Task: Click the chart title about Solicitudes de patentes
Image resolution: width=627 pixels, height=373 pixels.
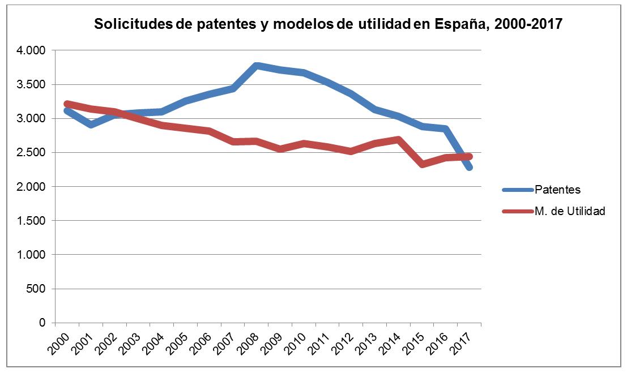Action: pyautogui.click(x=328, y=24)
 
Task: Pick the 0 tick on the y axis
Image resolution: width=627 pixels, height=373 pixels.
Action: pyautogui.click(x=42, y=323)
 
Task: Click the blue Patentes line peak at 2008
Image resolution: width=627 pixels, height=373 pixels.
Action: pyautogui.click(x=257, y=66)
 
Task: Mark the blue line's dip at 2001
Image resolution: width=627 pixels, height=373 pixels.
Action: pyautogui.click(x=91, y=125)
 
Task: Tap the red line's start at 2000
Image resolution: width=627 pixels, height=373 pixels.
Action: pyautogui.click(x=67, y=104)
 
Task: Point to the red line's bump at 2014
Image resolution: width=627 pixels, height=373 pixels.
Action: pyautogui.click(x=398, y=140)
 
